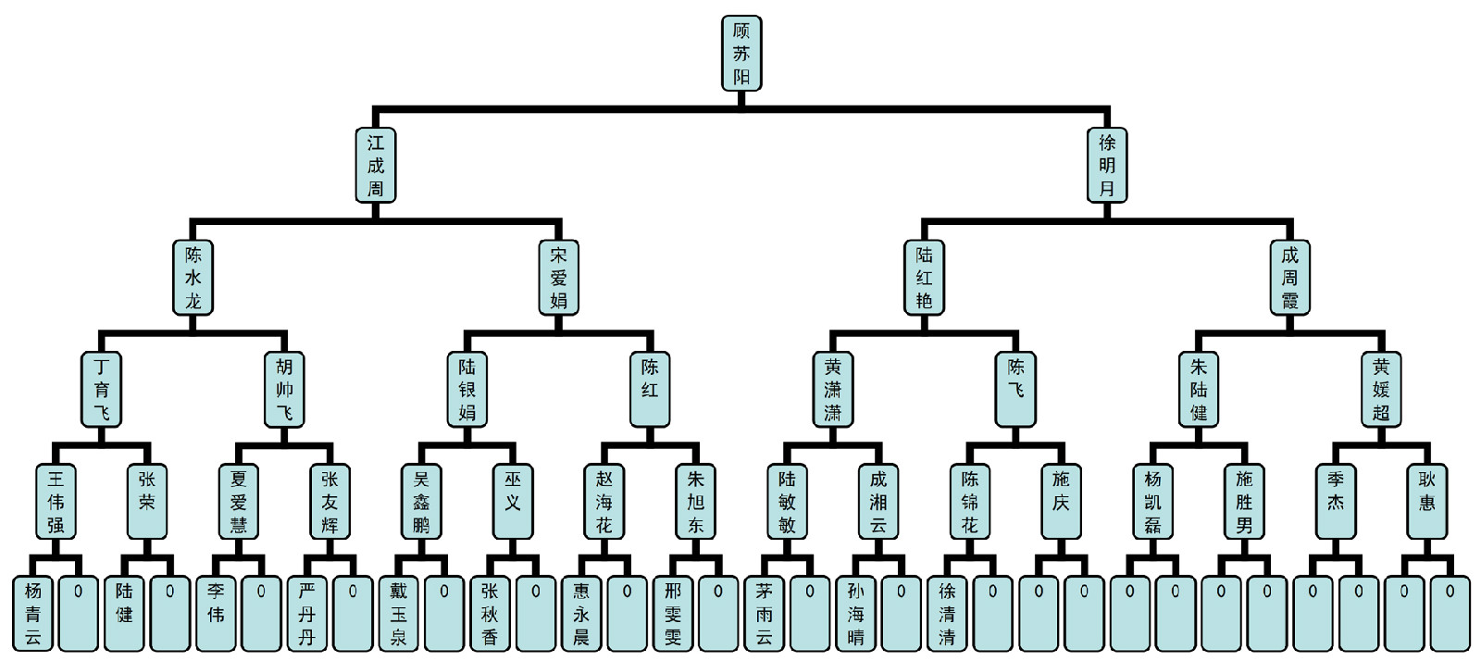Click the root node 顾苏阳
[741, 53]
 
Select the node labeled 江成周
[376, 166]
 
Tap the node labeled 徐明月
[1107, 166]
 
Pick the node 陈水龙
[193, 278]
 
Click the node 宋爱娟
[558, 278]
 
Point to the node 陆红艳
[924, 278]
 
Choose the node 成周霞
[1289, 278]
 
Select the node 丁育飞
[101, 390]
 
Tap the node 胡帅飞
[284, 390]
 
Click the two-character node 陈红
[650, 390]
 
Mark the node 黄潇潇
[832, 390]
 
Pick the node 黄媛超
[1381, 390]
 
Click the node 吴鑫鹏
[421, 502]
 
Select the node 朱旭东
[695, 502]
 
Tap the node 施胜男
[1244, 502]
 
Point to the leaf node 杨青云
[33, 614]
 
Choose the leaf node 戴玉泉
[399, 614]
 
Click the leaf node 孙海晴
[855, 614]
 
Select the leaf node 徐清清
[947, 614]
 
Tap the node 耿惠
[1426, 502]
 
